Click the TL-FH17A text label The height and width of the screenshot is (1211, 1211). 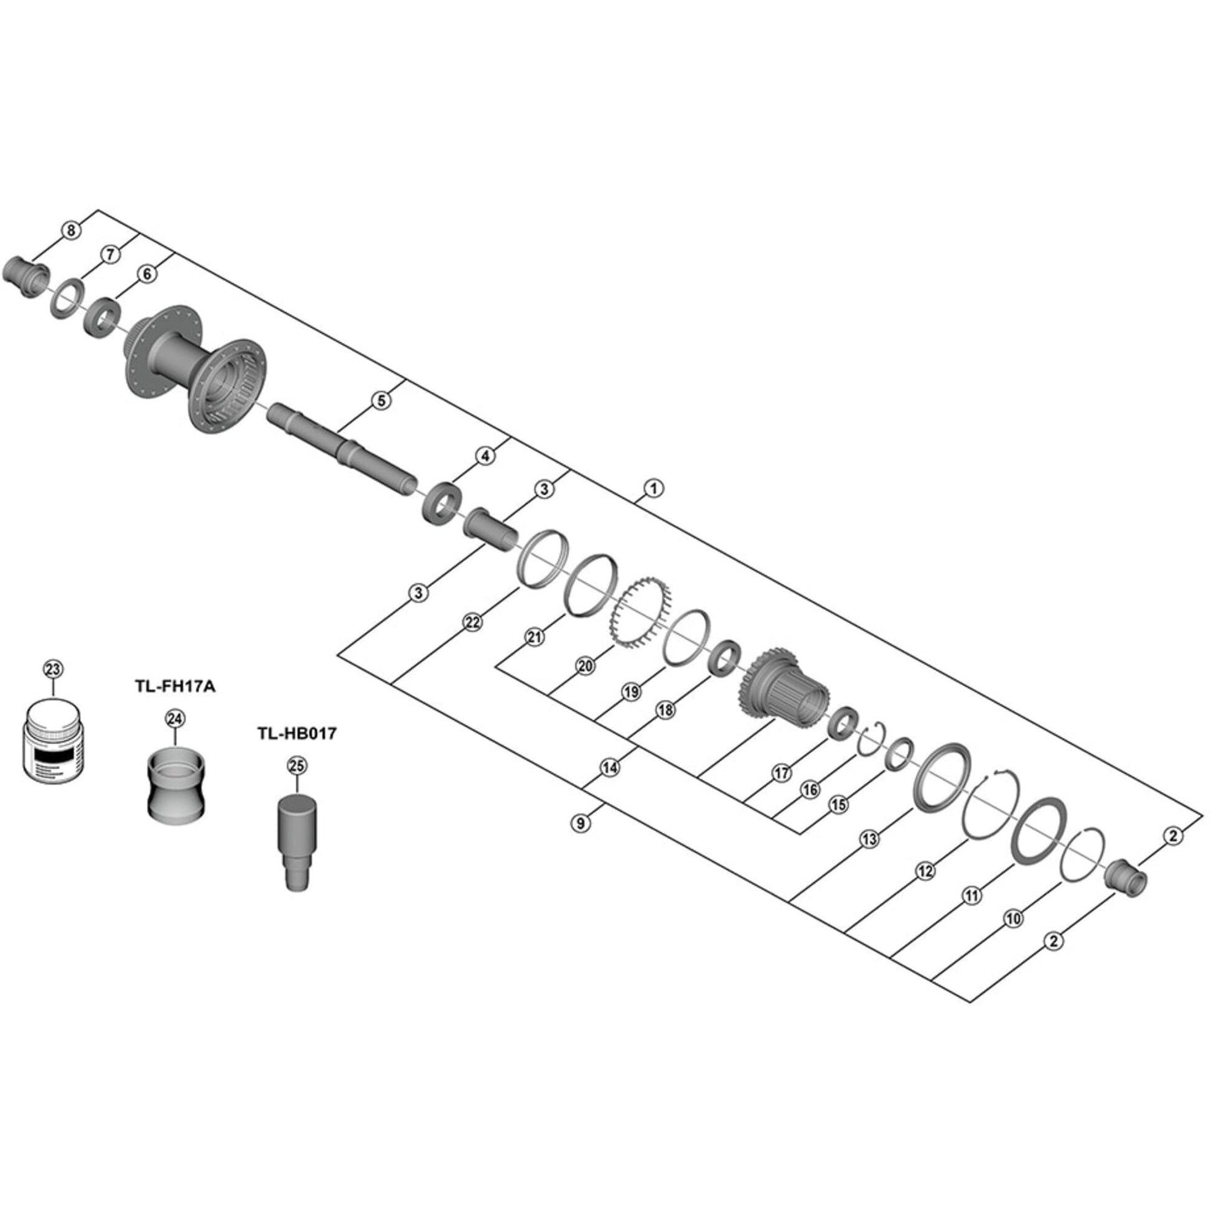tap(174, 687)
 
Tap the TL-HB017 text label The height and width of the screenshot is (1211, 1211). tap(296, 733)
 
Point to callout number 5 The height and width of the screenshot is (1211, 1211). tap(381, 401)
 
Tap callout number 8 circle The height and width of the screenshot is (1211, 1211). tap(71, 231)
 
